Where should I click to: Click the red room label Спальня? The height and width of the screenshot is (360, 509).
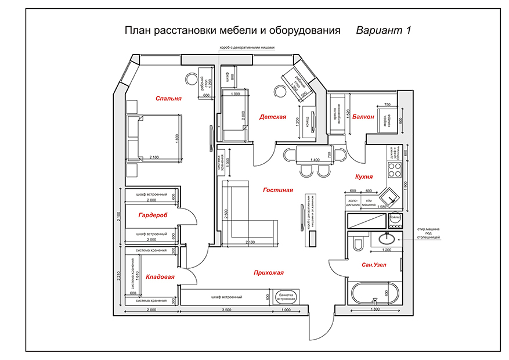(168, 99)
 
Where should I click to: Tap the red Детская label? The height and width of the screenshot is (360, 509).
(273, 117)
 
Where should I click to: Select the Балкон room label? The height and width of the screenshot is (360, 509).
(363, 117)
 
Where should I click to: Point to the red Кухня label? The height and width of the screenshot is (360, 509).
(363, 176)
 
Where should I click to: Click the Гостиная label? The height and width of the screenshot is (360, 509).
(277, 190)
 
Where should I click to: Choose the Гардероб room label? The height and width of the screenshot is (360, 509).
(153, 215)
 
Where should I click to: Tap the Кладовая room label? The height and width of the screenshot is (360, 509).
(160, 277)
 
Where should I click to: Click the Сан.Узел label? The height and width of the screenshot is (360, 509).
(374, 265)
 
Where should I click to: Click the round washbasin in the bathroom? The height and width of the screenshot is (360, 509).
(387, 238)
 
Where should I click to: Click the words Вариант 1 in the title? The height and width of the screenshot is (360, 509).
(384, 30)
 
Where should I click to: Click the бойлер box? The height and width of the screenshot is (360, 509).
(396, 218)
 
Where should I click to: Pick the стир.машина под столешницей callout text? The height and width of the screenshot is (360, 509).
(429, 233)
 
